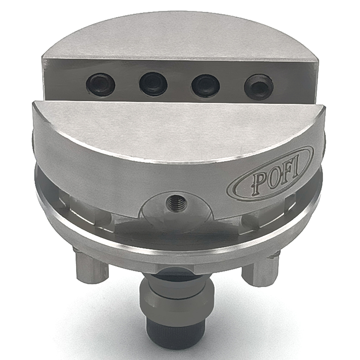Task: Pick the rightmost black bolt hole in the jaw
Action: tap(258, 85)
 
